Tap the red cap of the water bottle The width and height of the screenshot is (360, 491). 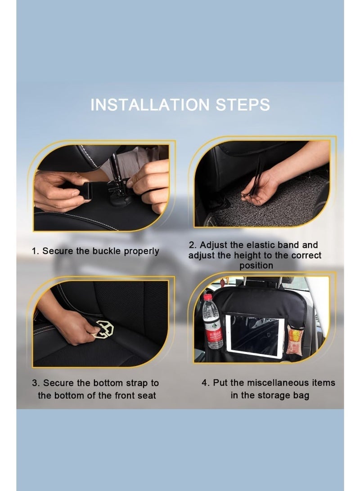click(x=207, y=297)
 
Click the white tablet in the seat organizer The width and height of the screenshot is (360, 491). click(x=254, y=335)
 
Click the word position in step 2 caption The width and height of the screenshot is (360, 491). click(x=256, y=265)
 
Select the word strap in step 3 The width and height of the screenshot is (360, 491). click(x=138, y=383)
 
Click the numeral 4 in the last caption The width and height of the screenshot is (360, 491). click(x=204, y=383)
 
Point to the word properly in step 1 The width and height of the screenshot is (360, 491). click(x=141, y=251)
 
